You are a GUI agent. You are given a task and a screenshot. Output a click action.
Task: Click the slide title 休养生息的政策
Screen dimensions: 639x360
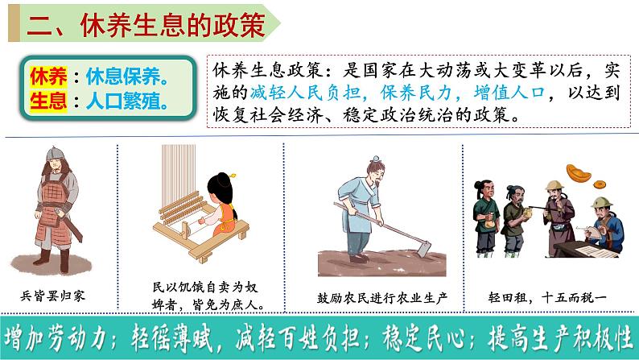tap(173, 25)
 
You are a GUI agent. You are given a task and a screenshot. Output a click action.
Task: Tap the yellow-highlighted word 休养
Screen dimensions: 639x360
tap(48, 77)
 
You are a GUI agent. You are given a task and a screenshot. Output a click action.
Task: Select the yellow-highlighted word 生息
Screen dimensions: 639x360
tap(48, 101)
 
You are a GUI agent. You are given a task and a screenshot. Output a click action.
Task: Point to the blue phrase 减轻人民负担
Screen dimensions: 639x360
tap(305, 93)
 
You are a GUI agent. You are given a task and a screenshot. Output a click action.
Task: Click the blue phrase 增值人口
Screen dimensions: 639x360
tap(509, 93)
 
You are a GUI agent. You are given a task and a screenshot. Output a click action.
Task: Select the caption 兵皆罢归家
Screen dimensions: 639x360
tap(53, 296)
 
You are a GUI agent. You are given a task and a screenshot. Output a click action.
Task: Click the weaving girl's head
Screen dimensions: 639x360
tap(221, 189)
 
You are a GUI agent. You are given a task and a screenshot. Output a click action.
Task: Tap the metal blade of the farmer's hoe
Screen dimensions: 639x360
tap(424, 248)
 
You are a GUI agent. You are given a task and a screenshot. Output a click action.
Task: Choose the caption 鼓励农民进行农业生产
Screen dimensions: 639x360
tap(381, 298)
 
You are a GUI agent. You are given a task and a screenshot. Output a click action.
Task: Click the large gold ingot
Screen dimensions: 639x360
tap(579, 173)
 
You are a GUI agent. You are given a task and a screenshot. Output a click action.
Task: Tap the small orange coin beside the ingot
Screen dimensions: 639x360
tap(599, 184)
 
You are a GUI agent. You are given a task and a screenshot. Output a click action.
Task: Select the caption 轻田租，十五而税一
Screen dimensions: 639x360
tap(547, 298)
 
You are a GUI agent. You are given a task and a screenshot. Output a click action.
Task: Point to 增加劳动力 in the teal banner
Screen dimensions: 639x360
tap(55, 338)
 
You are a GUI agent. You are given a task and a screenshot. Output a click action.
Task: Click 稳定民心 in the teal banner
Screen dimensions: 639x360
tap(424, 338)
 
